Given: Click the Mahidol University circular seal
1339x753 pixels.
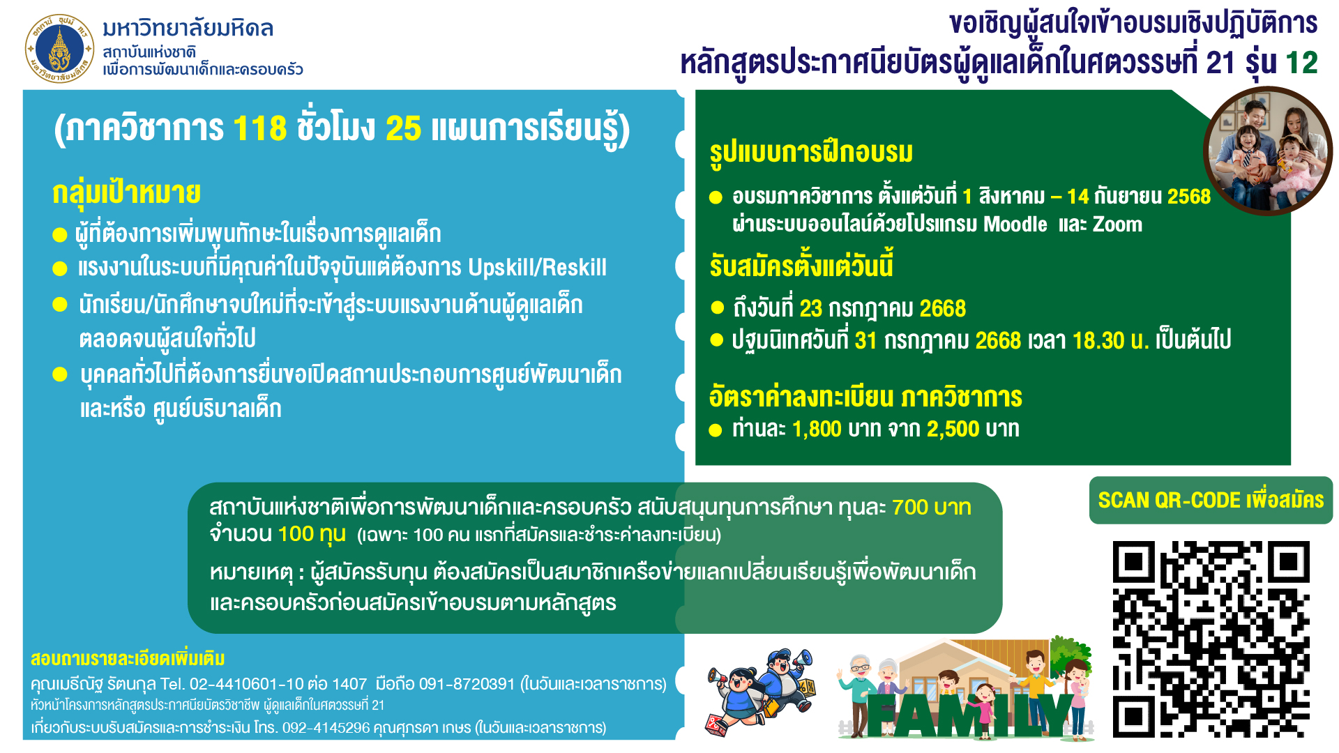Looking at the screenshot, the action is (59, 49).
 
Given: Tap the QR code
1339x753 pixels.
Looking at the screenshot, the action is (1211, 639).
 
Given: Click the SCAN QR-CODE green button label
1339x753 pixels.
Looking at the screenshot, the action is (1211, 500).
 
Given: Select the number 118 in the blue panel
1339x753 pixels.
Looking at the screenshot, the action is (259, 128).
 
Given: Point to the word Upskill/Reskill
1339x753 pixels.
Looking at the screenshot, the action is (537, 267).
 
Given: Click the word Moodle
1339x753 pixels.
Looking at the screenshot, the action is (1015, 225).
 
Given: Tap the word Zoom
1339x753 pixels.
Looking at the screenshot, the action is (1117, 225).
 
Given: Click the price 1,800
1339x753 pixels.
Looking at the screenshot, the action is (817, 429).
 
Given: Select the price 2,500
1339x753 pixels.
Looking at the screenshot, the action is (953, 429).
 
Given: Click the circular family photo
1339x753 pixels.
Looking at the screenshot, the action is (1268, 151).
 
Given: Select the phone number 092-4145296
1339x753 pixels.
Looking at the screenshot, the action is (326, 728).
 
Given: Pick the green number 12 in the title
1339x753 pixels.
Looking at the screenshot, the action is (1301, 63).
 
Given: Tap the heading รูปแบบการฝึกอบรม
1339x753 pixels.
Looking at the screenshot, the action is (811, 152).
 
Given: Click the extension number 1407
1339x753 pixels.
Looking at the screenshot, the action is (349, 684).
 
